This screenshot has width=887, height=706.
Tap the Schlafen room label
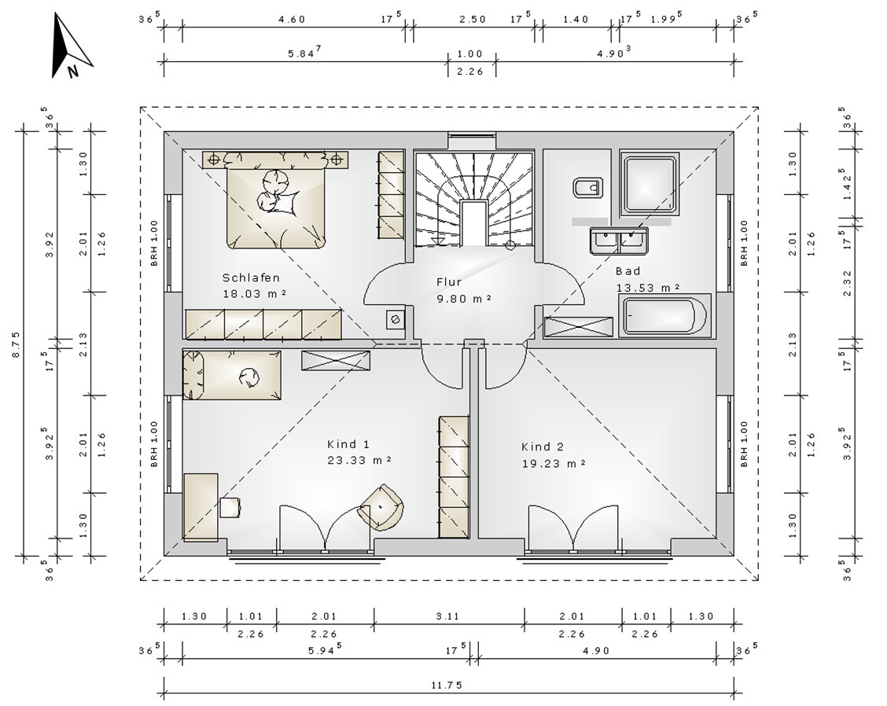[251, 278]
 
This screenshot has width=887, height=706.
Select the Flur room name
[449, 281]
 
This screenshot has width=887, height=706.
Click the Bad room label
[628, 271]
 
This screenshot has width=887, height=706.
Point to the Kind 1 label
[348, 444]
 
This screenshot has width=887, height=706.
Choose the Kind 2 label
[543, 447]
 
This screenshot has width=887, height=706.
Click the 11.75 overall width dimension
[447, 685]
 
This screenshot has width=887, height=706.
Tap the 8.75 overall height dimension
[16, 344]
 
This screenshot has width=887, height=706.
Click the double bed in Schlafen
[277, 200]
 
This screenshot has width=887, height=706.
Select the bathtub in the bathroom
[664, 315]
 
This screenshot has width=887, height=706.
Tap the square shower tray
[650, 183]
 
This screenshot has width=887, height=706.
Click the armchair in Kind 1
[382, 507]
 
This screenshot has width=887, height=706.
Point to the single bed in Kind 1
[232, 375]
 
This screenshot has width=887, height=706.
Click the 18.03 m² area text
[254, 294]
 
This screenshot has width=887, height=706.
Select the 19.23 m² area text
[554, 464]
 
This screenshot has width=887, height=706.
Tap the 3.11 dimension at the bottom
[448, 616]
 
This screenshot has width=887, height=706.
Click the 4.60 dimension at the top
[292, 19]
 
